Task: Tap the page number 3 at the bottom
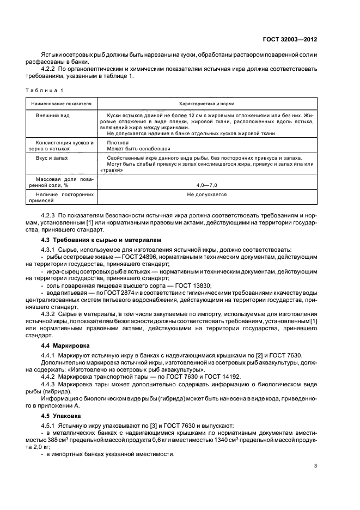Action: tap(316, 481)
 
